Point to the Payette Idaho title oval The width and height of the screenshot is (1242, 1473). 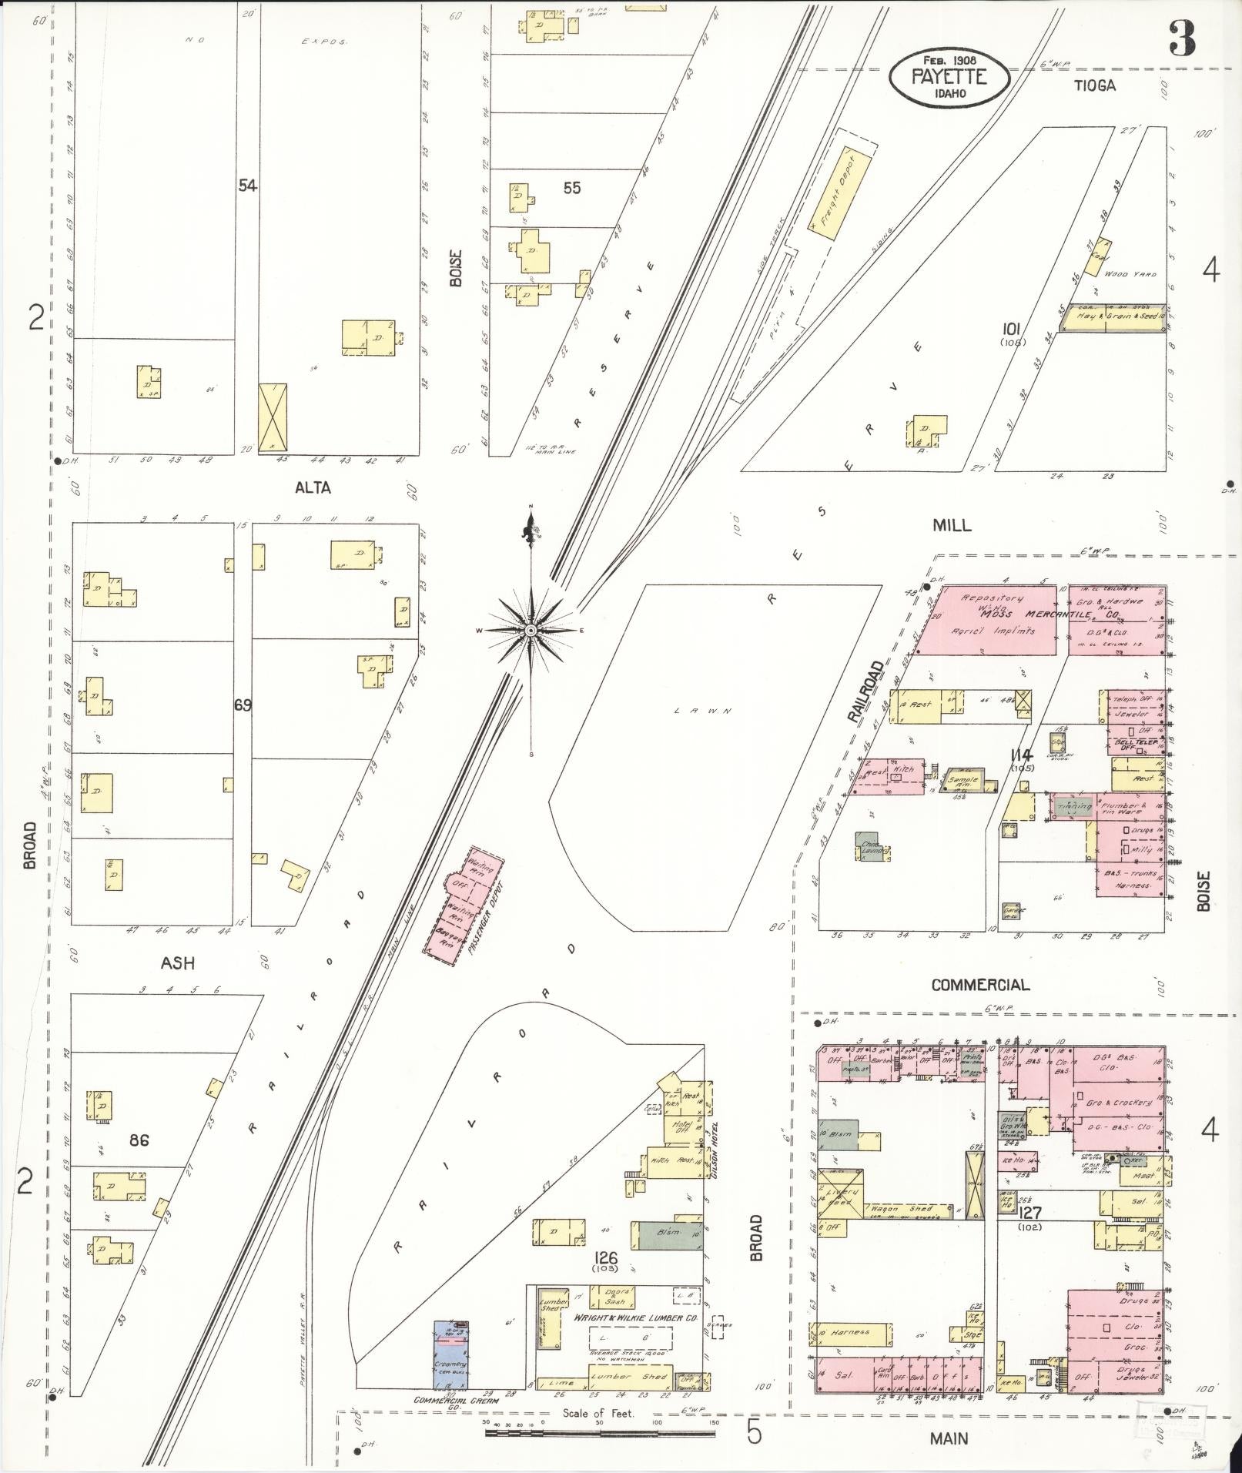[x=949, y=78]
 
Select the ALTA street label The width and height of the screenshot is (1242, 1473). [x=313, y=487]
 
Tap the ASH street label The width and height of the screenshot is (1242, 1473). [x=178, y=963]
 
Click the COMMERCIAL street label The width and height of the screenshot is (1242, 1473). [x=979, y=985]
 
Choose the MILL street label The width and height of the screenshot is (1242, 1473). [x=952, y=525]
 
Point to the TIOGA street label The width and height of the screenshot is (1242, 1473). [x=1095, y=85]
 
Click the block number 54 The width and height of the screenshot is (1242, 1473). [x=247, y=186]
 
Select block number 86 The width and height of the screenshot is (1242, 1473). [x=139, y=1140]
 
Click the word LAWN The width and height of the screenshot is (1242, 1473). [x=701, y=711]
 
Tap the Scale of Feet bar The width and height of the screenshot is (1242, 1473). [x=601, y=1434]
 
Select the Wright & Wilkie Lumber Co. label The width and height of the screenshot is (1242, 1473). [x=636, y=1317]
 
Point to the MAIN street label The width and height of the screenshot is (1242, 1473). [x=949, y=1438]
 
